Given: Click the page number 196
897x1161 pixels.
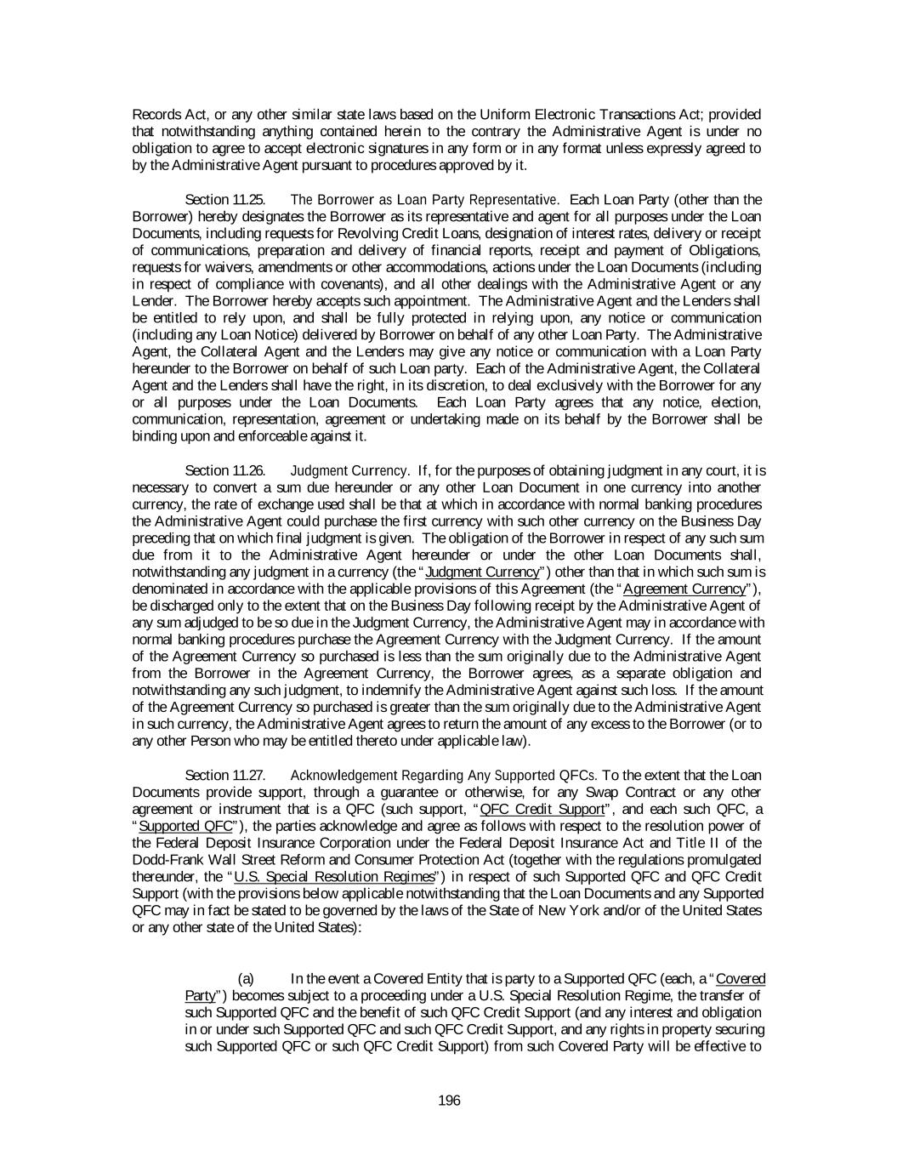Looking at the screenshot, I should [449, 1101].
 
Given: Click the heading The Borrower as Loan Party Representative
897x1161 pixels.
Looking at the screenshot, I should [423, 200].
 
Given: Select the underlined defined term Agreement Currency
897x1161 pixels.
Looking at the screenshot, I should [684, 589].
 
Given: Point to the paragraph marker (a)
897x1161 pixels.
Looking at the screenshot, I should [246, 979].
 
